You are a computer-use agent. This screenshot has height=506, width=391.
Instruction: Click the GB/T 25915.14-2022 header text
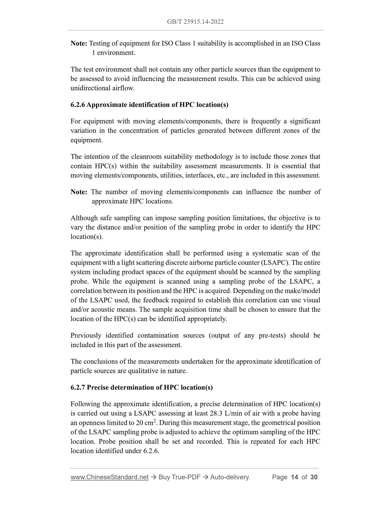click(195, 22)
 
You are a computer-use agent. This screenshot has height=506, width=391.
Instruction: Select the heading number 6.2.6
click(78, 105)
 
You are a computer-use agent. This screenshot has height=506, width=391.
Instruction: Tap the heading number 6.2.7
click(78, 387)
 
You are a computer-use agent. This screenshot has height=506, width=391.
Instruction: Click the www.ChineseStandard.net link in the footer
click(109, 477)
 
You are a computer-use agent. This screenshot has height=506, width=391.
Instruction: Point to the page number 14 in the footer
click(294, 477)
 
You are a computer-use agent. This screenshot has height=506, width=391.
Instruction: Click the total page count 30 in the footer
click(314, 477)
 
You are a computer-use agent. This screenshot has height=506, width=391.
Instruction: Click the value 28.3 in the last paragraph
click(216, 413)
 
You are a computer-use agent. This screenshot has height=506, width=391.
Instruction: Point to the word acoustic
click(96, 310)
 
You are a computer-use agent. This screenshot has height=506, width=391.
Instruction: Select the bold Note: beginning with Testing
click(79, 44)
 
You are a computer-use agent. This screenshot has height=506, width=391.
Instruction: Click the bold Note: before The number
click(79, 192)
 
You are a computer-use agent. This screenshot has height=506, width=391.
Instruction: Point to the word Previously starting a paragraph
click(86, 336)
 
